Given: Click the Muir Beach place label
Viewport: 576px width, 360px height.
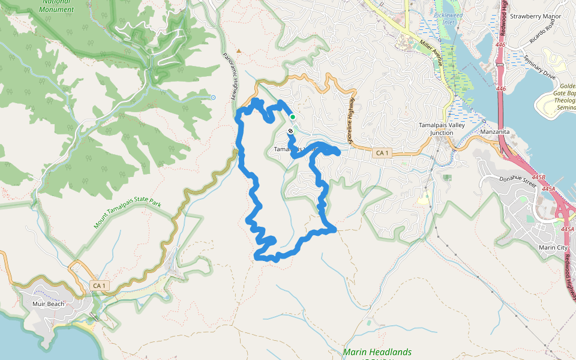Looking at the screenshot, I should [47, 304].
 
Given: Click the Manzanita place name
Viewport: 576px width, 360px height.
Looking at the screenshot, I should [495, 131].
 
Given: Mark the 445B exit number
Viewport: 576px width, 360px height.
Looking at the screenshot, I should [538, 177].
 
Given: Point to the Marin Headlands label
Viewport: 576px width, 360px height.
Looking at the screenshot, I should [377, 352].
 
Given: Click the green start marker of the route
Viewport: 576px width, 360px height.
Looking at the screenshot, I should [292, 117].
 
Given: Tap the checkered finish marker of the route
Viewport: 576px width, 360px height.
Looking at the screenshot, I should [290, 130].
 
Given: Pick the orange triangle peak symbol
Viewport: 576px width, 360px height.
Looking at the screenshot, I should [239, 51].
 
